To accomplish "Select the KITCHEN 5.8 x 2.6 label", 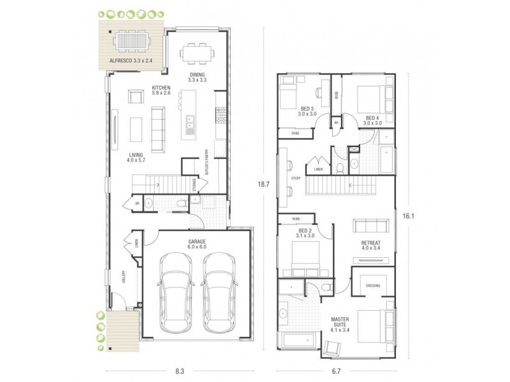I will coord(160,90).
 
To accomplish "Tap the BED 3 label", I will coord(307,111).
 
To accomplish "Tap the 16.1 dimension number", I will coord(407,216).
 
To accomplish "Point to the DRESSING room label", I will coord(373,285).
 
